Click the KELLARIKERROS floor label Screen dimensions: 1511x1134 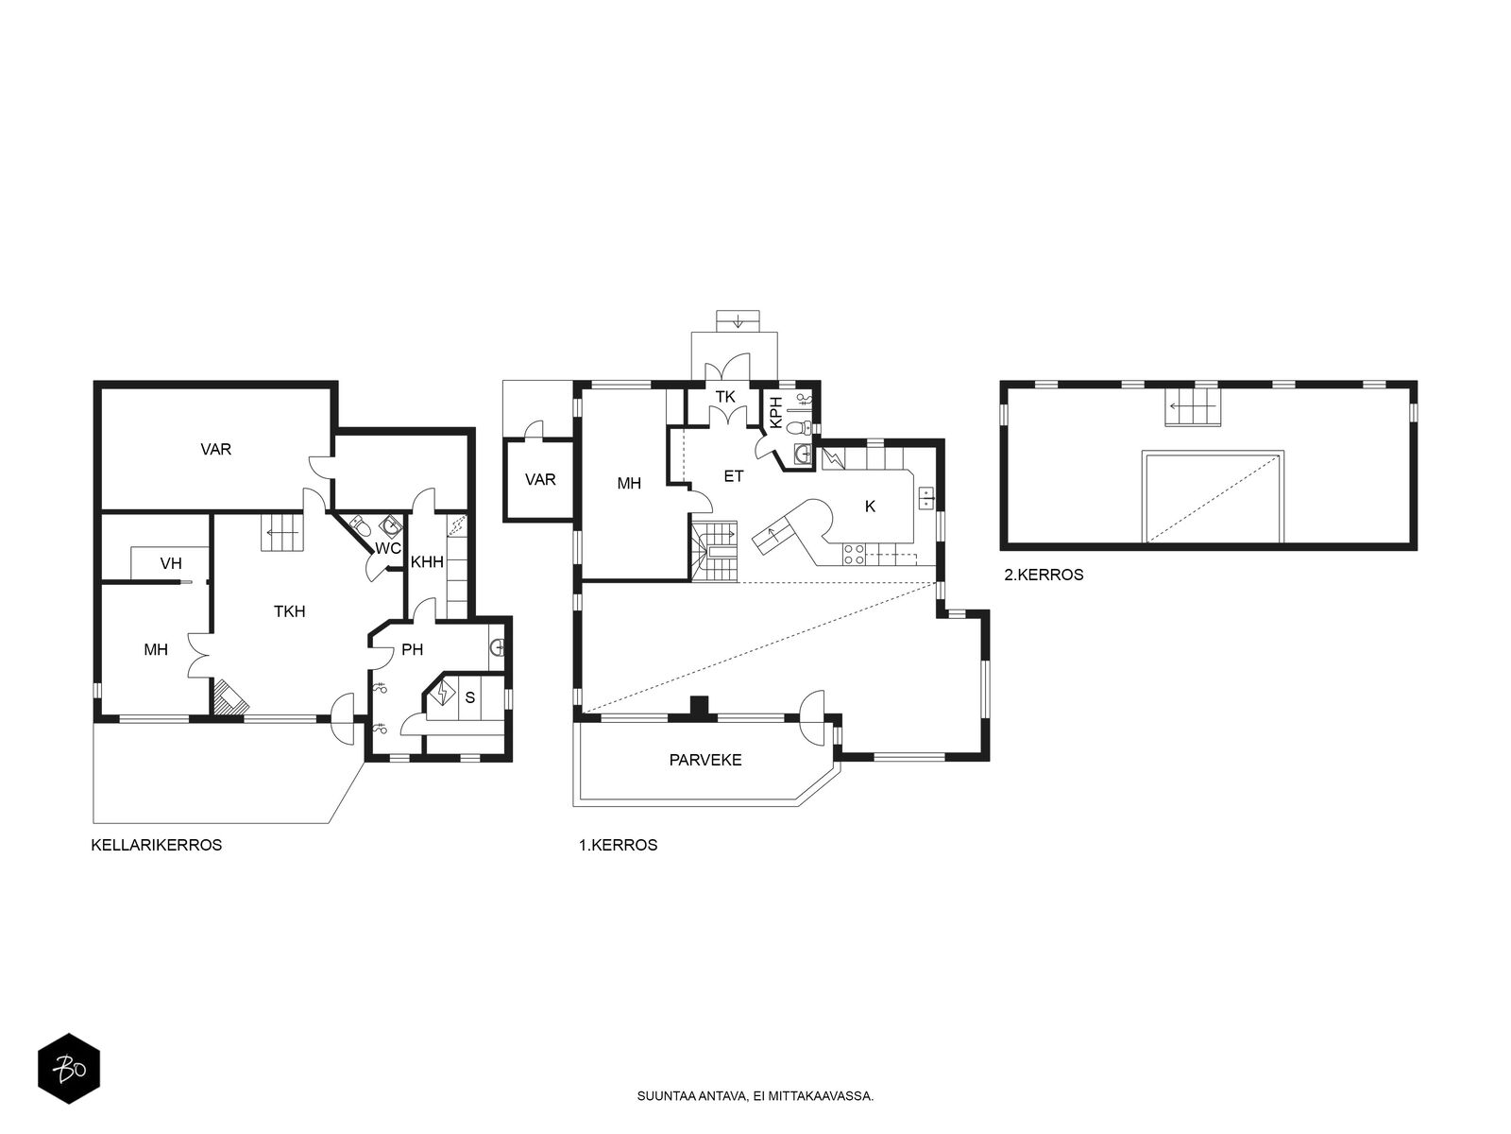click(x=156, y=845)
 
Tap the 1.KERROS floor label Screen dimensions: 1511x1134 click(x=619, y=845)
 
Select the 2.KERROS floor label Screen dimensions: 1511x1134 click(x=1044, y=575)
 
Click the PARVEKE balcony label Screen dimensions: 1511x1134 click(x=705, y=760)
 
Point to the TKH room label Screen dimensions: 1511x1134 click(x=289, y=611)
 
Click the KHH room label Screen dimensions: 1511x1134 click(x=427, y=562)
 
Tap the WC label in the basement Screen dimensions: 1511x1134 click(x=387, y=549)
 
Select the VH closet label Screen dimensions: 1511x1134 click(x=171, y=564)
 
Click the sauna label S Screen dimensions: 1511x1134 click(x=470, y=697)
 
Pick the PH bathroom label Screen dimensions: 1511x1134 click(x=413, y=649)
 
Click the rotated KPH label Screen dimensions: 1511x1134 click(x=776, y=412)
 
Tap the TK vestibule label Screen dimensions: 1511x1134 click(x=725, y=397)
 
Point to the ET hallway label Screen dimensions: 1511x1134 click(x=734, y=475)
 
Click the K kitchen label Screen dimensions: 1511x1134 click(x=870, y=507)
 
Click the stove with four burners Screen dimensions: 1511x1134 click(x=855, y=555)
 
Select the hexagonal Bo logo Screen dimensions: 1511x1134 click(x=69, y=1069)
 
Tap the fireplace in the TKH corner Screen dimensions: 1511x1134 click(x=229, y=697)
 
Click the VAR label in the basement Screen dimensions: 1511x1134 click(x=216, y=450)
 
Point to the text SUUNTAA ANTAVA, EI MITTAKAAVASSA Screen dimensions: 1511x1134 click(x=755, y=1096)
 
